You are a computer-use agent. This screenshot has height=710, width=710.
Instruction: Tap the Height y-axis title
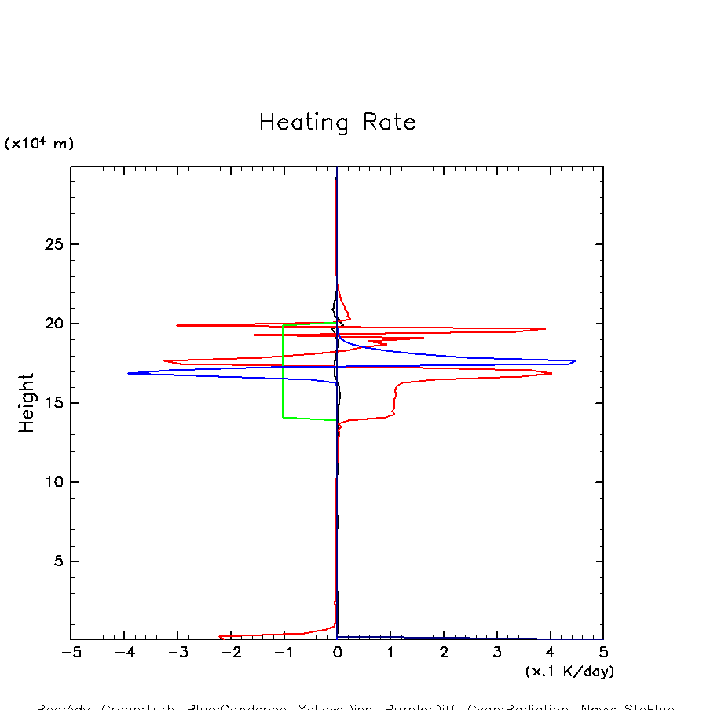[x=27, y=403]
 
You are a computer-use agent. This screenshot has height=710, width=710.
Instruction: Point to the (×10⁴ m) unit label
[x=39, y=144]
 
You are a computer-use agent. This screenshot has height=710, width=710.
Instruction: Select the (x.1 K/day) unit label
[x=569, y=672]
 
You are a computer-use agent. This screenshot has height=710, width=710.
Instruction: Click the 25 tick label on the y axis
[x=53, y=244]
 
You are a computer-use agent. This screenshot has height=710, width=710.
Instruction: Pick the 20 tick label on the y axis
[x=53, y=324]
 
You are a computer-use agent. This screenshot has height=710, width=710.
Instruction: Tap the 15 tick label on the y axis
[x=53, y=403]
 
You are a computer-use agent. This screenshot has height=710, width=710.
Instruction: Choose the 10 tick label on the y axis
[x=53, y=482]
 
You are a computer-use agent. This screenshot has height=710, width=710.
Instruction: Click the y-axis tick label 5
[x=57, y=562]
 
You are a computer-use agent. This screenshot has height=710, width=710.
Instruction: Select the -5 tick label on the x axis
[x=71, y=653]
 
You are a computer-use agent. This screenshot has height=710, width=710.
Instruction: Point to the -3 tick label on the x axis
[x=177, y=653]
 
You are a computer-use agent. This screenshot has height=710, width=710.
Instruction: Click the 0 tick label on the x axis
[x=337, y=653]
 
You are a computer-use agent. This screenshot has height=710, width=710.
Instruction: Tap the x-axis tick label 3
[x=497, y=653]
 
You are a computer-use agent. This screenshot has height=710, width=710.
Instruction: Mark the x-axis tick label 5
[x=603, y=653]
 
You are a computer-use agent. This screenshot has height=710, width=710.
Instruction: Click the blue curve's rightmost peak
[x=575, y=361]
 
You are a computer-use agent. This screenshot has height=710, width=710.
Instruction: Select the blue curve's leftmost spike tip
[x=128, y=373]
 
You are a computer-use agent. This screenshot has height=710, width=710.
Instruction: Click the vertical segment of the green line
[x=283, y=369]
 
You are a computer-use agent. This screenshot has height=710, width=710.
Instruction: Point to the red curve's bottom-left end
[x=220, y=637]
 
